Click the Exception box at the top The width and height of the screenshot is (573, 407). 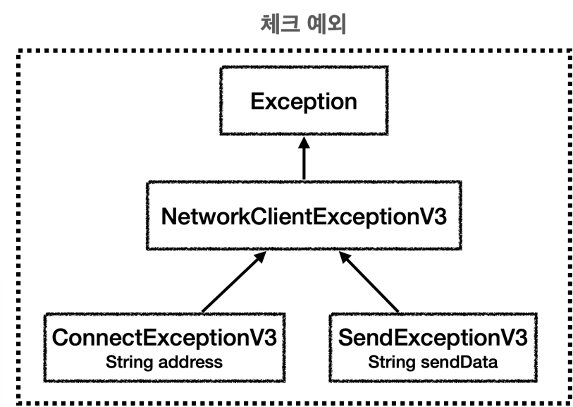tap(304, 101)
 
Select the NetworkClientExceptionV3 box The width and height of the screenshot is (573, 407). tap(304, 215)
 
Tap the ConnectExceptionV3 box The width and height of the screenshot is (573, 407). tap(164, 348)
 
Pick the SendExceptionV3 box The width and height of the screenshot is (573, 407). tap(433, 348)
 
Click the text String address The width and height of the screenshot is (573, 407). tap(164, 362)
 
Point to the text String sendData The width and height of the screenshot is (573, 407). tap(433, 362)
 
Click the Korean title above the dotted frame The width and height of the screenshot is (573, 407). tap(303, 24)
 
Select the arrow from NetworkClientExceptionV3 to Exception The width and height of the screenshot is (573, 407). tap(304, 158)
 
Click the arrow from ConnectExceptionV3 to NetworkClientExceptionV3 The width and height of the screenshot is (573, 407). tap(234, 282)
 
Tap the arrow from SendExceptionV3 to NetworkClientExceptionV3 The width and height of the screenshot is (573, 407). tap(369, 282)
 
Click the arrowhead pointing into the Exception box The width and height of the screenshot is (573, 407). tap(304, 142)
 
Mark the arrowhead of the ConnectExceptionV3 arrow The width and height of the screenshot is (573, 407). tap(260, 257)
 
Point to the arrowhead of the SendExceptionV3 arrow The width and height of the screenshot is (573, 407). tap(345, 257)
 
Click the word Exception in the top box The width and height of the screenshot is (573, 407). tap(304, 102)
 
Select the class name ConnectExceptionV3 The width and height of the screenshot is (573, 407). tap(164, 337)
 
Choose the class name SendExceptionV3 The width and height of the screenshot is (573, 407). tap(433, 337)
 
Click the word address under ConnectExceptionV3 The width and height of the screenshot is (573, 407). tap(190, 362)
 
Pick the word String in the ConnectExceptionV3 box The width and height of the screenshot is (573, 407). tap(130, 363)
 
